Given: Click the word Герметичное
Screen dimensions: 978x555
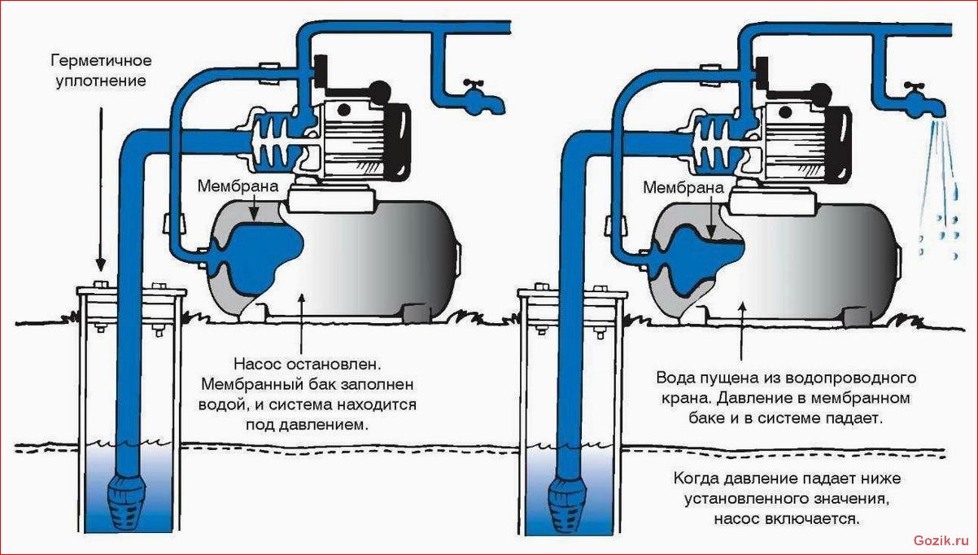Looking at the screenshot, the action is point(101,60).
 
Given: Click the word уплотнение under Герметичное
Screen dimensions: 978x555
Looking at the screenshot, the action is point(101,81).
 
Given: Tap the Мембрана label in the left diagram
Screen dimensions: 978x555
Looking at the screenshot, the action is point(238,186).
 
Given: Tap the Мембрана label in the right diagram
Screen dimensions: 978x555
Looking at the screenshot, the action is point(683,188).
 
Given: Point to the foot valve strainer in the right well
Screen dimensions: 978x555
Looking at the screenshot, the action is point(567,505).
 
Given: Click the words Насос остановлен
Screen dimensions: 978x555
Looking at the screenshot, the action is point(308,364).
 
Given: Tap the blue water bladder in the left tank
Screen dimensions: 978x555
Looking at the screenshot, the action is point(258,258).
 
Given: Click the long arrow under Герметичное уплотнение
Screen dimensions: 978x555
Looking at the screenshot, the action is point(101,189).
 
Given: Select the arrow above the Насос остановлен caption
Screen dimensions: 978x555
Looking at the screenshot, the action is point(301,323).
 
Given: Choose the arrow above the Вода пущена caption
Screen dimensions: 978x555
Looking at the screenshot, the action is point(742,330).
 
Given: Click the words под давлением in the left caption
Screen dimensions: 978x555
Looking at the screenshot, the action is point(308,425).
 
